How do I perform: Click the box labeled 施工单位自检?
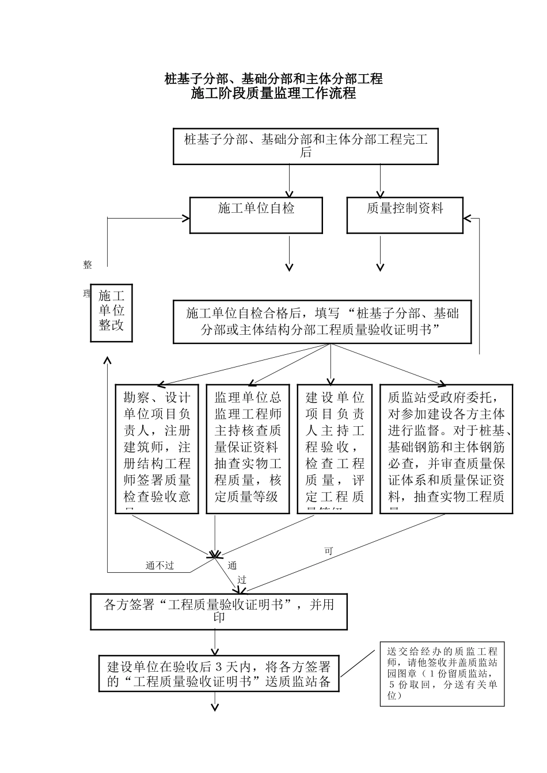(256, 216)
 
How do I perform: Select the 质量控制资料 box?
(405, 216)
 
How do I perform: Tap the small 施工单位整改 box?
(112, 313)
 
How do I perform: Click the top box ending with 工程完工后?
(306, 146)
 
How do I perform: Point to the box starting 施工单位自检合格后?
(322, 322)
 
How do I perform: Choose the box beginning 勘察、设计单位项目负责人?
(157, 449)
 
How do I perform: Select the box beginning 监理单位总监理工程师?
(248, 449)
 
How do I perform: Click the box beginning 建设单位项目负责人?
(335, 449)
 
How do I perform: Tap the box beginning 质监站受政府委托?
(446, 449)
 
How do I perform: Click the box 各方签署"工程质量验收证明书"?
(219, 611)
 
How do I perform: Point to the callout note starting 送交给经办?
(442, 673)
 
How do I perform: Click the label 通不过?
(159, 566)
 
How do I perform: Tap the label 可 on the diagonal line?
(329, 551)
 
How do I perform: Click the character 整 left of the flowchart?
(88, 265)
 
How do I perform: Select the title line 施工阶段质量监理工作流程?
(273, 93)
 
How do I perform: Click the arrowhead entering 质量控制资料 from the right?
(467, 218)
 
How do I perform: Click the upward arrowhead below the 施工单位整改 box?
(107, 359)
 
